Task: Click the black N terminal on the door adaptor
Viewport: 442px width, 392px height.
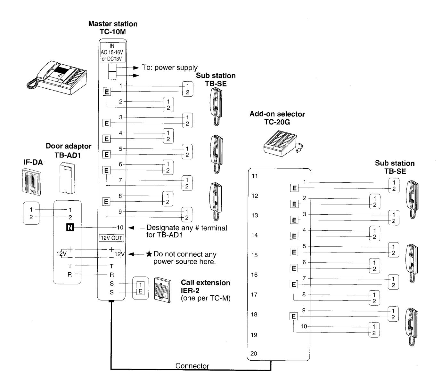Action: click(x=70, y=228)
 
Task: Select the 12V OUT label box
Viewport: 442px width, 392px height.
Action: click(x=111, y=238)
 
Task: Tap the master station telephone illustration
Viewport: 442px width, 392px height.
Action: click(x=57, y=77)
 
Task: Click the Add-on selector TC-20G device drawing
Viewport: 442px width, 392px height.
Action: click(x=283, y=143)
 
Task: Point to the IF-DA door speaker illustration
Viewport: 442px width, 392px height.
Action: click(x=32, y=182)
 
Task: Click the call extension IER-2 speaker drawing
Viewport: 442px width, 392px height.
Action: click(x=162, y=290)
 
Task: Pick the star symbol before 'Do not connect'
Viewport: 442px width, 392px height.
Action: click(x=149, y=254)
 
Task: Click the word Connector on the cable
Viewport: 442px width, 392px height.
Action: click(x=192, y=366)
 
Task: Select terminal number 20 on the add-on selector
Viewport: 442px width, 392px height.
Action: click(x=253, y=353)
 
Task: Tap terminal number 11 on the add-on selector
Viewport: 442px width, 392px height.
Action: click(x=255, y=176)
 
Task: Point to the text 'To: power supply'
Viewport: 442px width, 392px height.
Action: click(x=169, y=68)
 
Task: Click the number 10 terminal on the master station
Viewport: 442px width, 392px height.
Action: click(x=120, y=228)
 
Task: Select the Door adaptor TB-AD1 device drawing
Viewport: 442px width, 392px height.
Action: click(x=67, y=178)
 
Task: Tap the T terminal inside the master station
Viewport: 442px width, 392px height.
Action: click(x=111, y=266)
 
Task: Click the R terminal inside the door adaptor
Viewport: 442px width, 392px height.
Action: click(x=70, y=274)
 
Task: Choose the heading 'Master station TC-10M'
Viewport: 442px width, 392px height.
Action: click(x=113, y=28)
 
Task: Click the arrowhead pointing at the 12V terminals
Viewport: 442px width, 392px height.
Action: click(x=131, y=254)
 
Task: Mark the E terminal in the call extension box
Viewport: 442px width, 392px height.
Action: click(x=140, y=291)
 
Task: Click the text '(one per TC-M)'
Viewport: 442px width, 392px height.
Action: click(x=206, y=298)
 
